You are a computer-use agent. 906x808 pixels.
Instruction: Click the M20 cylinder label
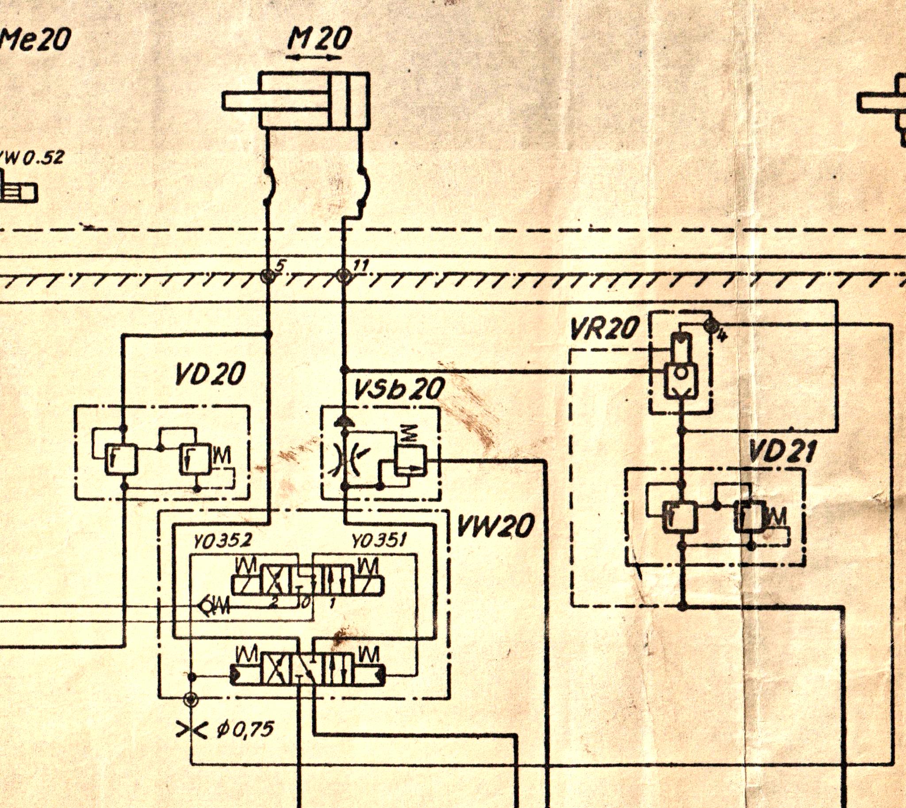point(318,39)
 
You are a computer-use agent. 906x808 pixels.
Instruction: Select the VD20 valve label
point(210,374)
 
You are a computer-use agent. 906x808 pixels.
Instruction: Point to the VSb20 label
point(399,389)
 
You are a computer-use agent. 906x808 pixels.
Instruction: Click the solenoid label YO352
point(223,541)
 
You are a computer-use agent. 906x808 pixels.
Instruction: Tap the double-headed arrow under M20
point(313,57)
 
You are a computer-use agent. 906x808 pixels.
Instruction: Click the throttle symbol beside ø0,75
point(191,729)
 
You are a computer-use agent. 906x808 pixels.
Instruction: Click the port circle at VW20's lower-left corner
point(190,699)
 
